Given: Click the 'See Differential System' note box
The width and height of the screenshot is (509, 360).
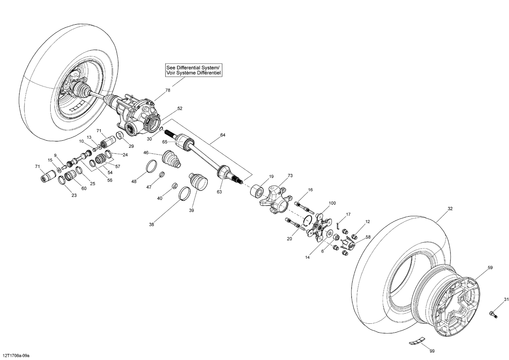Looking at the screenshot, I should pyautogui.click(x=193, y=70).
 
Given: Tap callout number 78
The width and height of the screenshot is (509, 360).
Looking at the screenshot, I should pyautogui.click(x=168, y=90).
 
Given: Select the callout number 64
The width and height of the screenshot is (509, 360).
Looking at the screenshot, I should pyautogui.click(x=223, y=135).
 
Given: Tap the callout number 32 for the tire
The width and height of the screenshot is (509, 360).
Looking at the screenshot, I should pyautogui.click(x=450, y=209).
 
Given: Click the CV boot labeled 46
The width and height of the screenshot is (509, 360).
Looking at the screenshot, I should pyautogui.click(x=172, y=160).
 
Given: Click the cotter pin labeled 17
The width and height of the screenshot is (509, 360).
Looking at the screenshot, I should pyautogui.click(x=338, y=224).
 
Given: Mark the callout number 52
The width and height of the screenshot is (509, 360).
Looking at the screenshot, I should pyautogui.click(x=180, y=109).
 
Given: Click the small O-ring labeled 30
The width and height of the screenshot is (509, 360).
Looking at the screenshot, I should pyautogui.click(x=162, y=129).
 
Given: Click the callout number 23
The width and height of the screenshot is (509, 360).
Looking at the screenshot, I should pyautogui.click(x=74, y=195).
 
